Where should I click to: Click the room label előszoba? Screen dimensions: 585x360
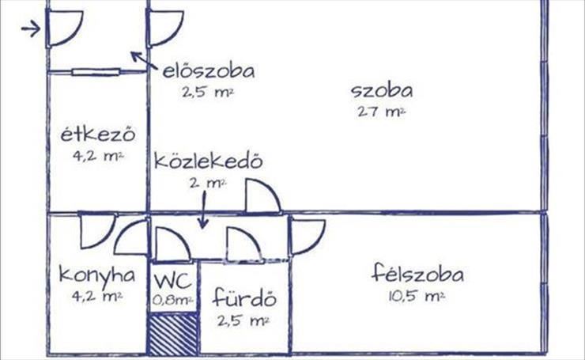pyautogui.click(x=209, y=71)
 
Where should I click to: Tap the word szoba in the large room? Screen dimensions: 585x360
pyautogui.click(x=382, y=91)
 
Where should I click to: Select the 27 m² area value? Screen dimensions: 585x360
pyautogui.click(x=381, y=112)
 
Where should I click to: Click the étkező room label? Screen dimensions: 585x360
pyautogui.click(x=98, y=134)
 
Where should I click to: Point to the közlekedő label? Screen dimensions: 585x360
pyautogui.click(x=208, y=161)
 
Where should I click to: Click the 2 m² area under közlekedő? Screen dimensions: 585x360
pyautogui.click(x=208, y=183)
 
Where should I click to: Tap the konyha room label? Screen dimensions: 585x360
pyautogui.click(x=97, y=275)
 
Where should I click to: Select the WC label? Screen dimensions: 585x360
pyautogui.click(x=173, y=281)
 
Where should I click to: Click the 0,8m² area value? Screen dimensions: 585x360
pyautogui.click(x=173, y=300)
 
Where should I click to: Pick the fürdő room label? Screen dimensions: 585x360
pyautogui.click(x=245, y=297)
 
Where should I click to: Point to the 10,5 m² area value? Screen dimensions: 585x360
pyautogui.click(x=417, y=297)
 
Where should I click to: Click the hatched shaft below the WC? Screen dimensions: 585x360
pyautogui.click(x=173, y=334)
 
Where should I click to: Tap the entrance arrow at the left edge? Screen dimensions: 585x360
pyautogui.click(x=31, y=28)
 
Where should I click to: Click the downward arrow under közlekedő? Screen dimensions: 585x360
pyautogui.click(x=203, y=210)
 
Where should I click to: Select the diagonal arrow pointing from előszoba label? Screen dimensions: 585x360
pyautogui.click(x=143, y=60)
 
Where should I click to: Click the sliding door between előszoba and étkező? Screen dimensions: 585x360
pyautogui.click(x=96, y=72)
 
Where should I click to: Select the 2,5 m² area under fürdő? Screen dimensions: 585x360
pyautogui.click(x=243, y=320)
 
